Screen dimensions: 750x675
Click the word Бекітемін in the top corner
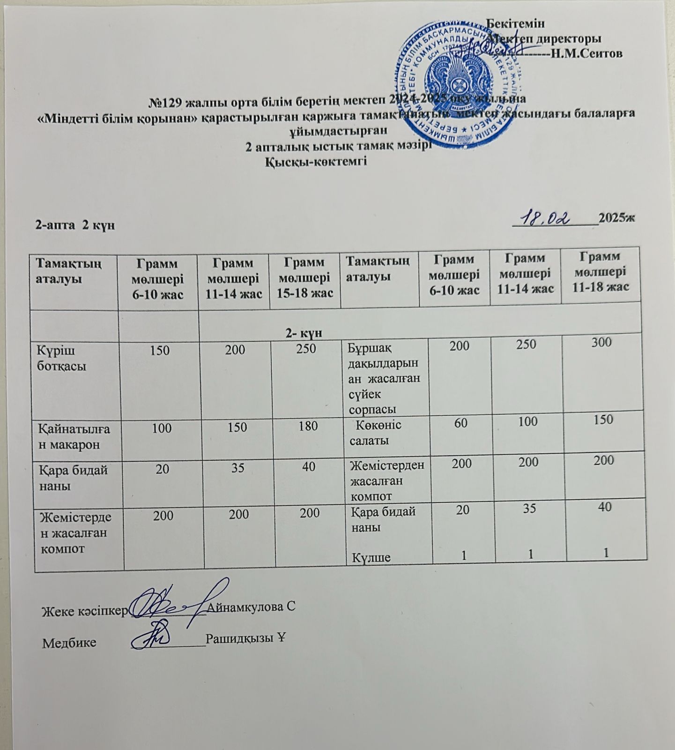click(x=516, y=22)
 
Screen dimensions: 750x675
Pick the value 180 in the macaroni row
click(x=307, y=427)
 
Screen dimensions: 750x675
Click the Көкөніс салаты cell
click(x=375, y=432)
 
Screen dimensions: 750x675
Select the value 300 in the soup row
click(x=601, y=342)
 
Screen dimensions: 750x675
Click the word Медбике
click(x=69, y=642)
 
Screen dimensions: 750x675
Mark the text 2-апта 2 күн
click(x=75, y=225)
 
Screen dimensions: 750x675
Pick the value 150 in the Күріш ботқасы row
click(x=160, y=350)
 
